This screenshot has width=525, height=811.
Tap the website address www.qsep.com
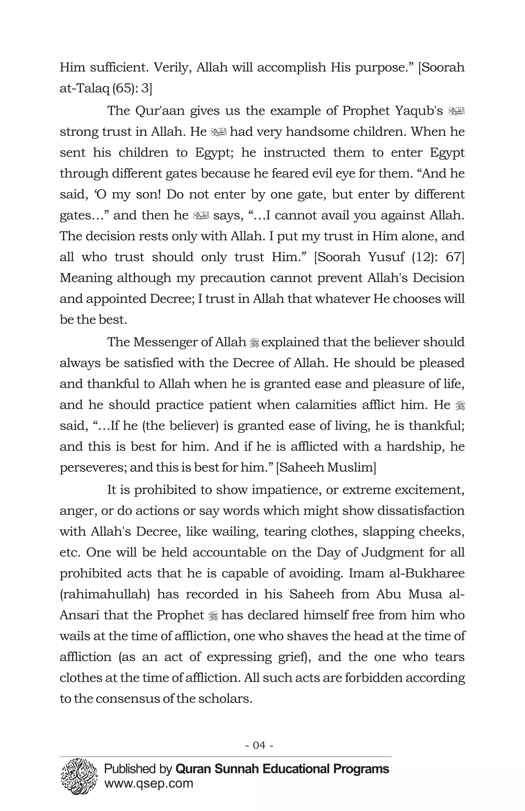pyautogui.click(x=148, y=783)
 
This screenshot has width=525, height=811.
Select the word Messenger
pyautogui.click(x=165, y=342)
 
